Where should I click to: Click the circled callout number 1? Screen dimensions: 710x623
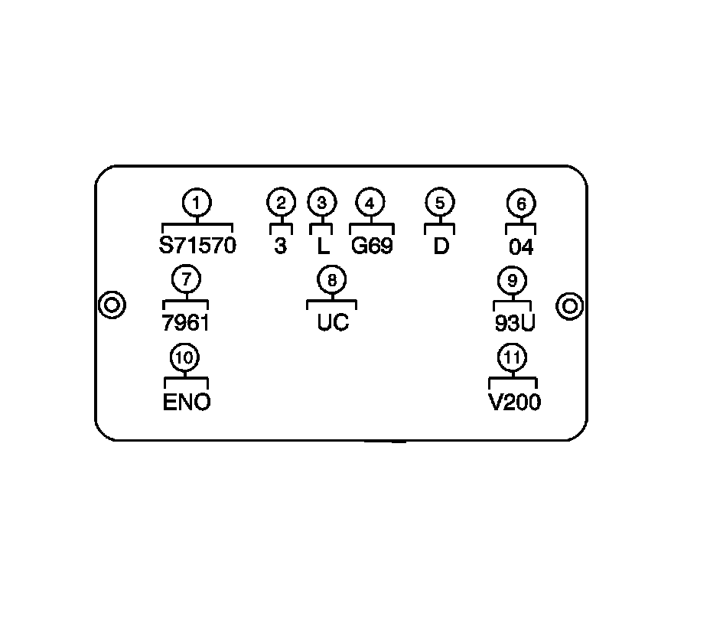tap(197, 204)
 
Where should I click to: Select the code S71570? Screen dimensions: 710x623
tap(197, 246)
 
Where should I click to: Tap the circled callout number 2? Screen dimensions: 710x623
tap(281, 203)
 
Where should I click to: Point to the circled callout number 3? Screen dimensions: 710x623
tap(321, 203)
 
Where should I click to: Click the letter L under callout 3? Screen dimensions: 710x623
tap(321, 246)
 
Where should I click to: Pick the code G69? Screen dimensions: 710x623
tap(372, 246)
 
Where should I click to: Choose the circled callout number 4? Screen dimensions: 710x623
tap(370, 203)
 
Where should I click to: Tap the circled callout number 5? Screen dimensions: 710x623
tap(439, 203)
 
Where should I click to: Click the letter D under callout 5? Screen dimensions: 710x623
tap(440, 246)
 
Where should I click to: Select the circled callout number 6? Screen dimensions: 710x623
tap(521, 204)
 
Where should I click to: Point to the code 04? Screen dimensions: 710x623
tap(521, 247)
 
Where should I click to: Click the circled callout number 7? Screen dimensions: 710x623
tap(186, 279)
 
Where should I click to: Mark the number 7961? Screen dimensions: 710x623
tap(186, 322)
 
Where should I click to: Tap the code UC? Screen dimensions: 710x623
tap(333, 322)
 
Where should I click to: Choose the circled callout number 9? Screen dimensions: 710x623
tap(512, 280)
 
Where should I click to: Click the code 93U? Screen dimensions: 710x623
tap(514, 323)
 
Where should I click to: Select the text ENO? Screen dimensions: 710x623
tap(187, 402)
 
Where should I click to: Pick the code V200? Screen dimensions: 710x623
tap(514, 402)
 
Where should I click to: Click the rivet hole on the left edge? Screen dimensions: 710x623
tap(112, 305)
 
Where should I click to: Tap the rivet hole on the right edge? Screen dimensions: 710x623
tap(569, 305)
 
